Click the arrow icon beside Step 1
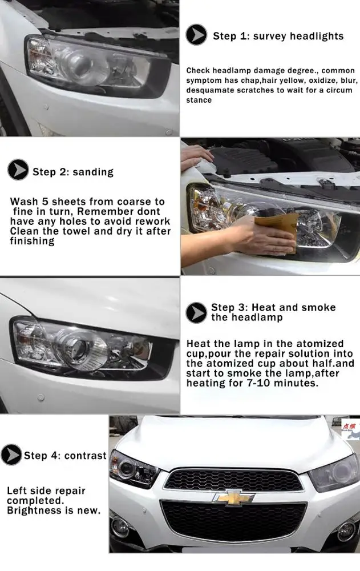coord(197,35)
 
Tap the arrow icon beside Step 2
coord(18,170)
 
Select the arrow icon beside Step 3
coord(196,312)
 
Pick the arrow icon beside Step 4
coord(11,455)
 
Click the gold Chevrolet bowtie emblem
coord(234,497)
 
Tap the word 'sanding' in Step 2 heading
coord(94,172)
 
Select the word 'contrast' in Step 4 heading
coord(86,456)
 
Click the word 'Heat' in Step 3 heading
coord(262,307)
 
